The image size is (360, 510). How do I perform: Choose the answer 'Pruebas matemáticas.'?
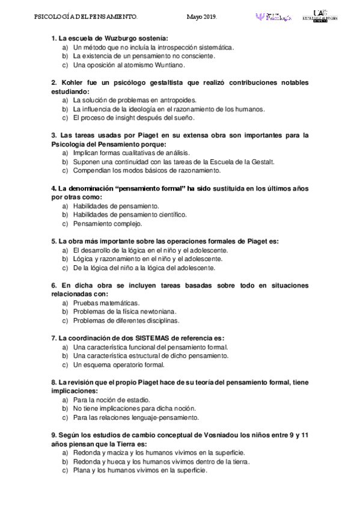tap(106, 303)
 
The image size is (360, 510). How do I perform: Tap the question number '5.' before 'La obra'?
tap(54, 241)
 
